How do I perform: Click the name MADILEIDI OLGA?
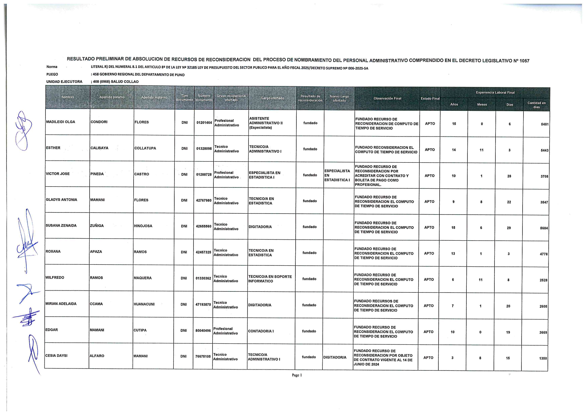(x=60, y=122)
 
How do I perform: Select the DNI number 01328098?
(x=204, y=149)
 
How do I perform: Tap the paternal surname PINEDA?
(x=97, y=174)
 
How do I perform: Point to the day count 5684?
(x=544, y=228)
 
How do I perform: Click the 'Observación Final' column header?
(x=387, y=98)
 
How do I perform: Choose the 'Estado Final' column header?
(x=430, y=98)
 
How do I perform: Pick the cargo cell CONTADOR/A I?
(x=261, y=331)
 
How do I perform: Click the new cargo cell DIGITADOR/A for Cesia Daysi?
(x=335, y=357)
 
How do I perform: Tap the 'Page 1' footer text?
(x=297, y=375)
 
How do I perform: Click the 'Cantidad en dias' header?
(x=536, y=105)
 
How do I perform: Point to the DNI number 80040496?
(x=203, y=331)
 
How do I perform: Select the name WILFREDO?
(x=55, y=277)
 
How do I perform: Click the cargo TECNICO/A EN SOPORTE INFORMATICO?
(x=270, y=279)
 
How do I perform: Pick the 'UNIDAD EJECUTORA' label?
(x=64, y=82)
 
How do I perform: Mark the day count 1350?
(x=543, y=358)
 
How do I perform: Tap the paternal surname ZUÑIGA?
(x=97, y=226)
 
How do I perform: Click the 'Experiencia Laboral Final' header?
(x=495, y=92)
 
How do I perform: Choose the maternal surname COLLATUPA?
(x=145, y=148)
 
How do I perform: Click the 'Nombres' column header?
(x=68, y=97)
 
